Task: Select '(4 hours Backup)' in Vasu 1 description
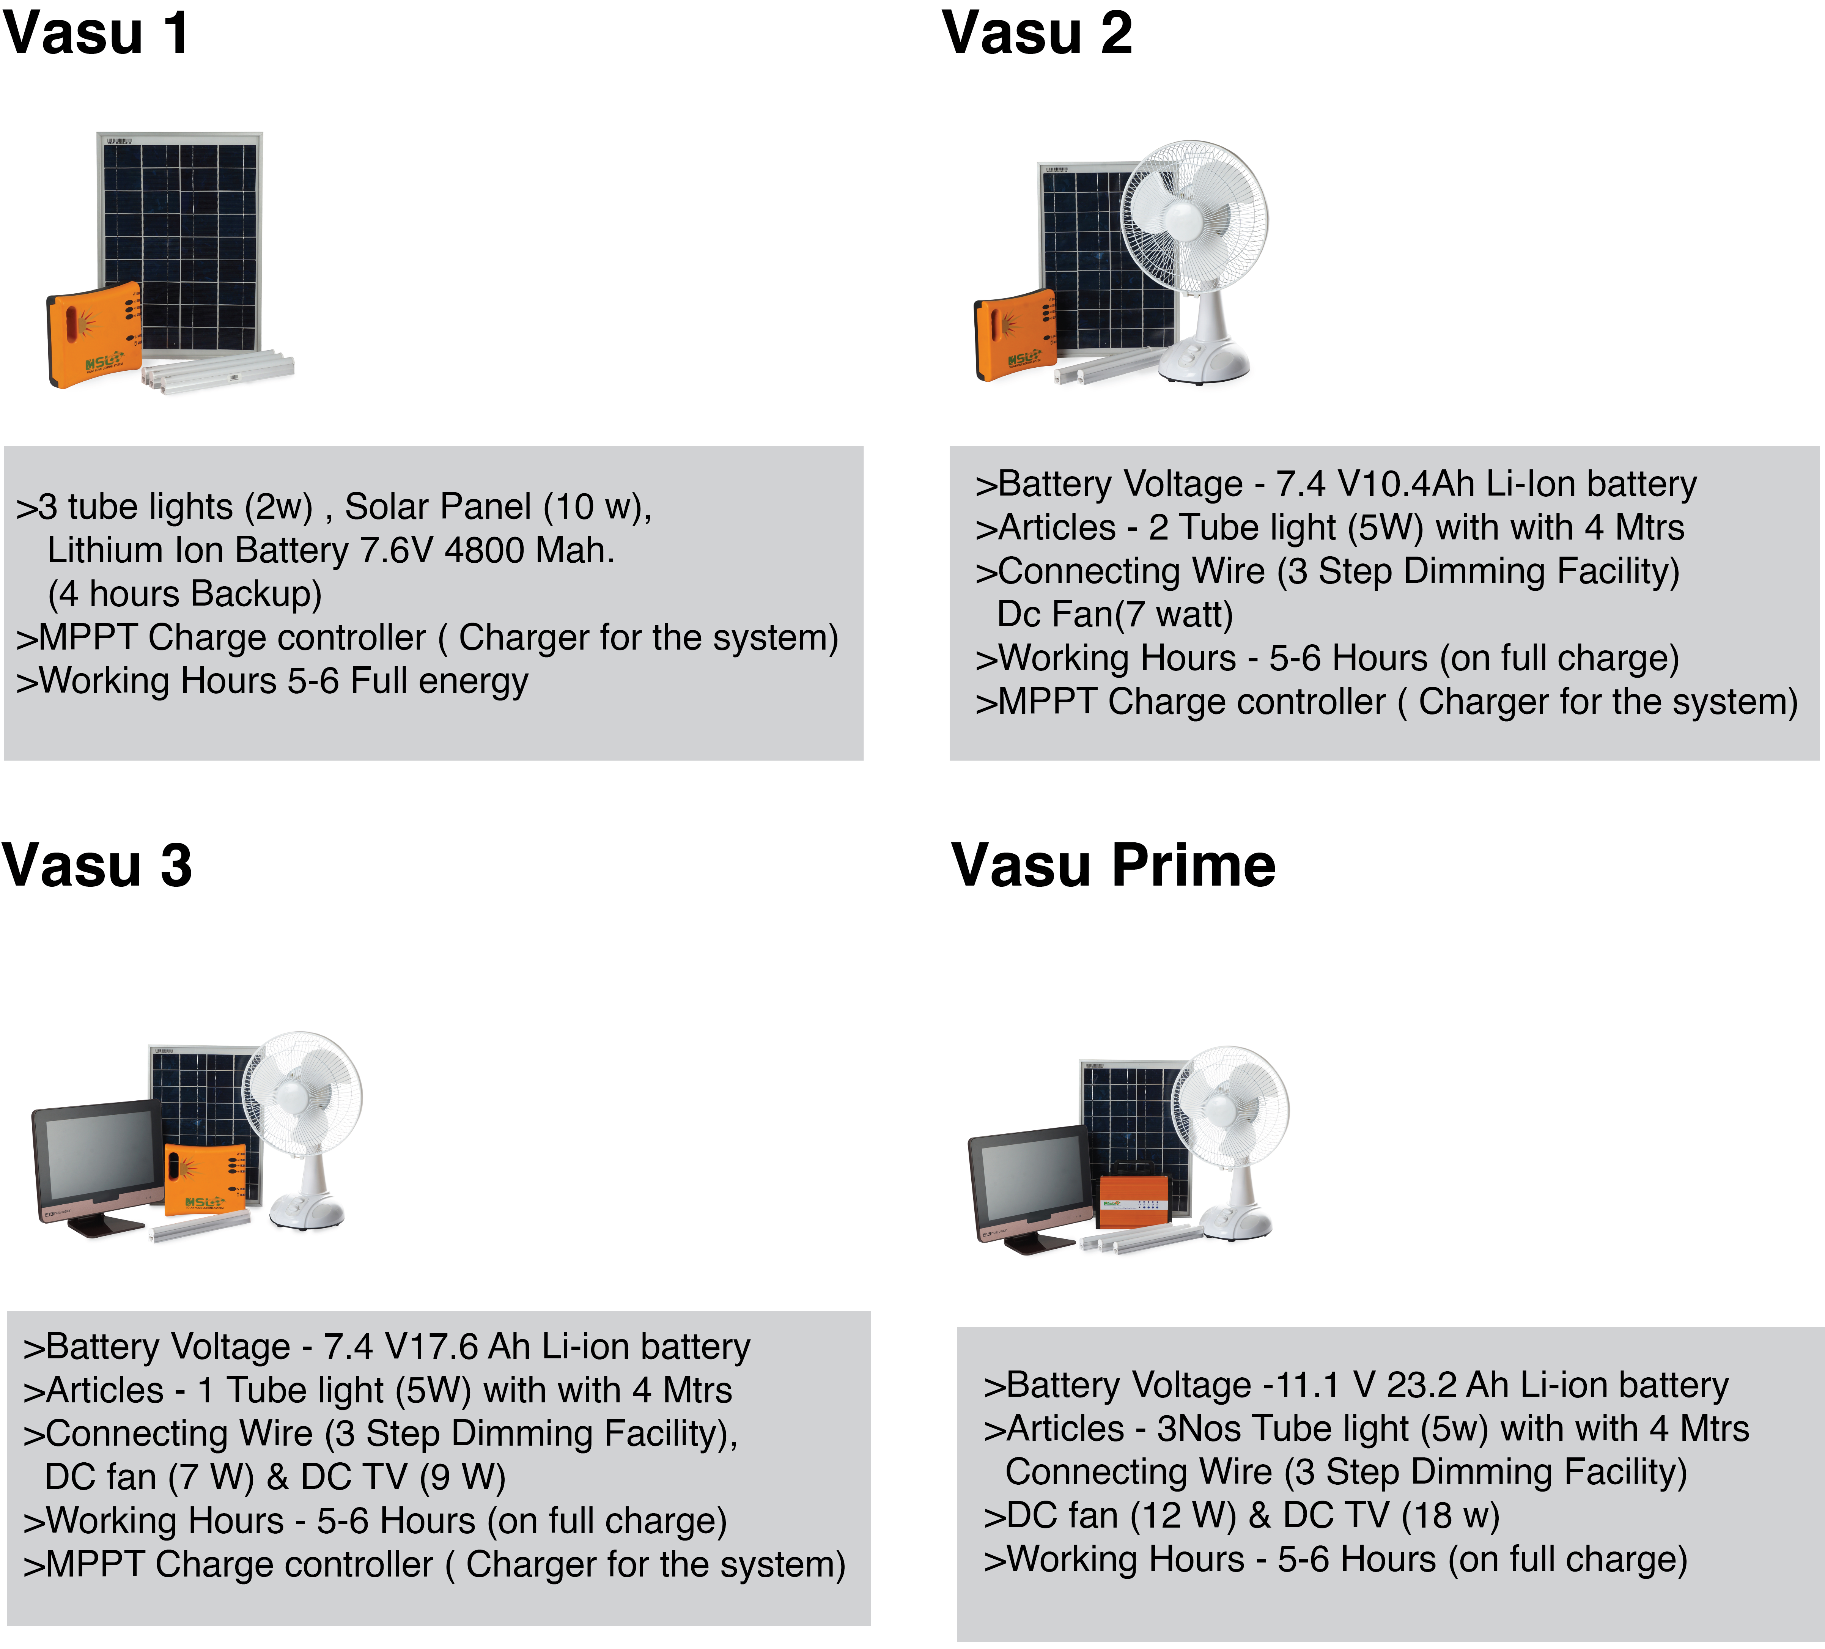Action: point(185,594)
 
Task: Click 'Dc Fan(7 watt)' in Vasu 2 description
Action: point(1114,615)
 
